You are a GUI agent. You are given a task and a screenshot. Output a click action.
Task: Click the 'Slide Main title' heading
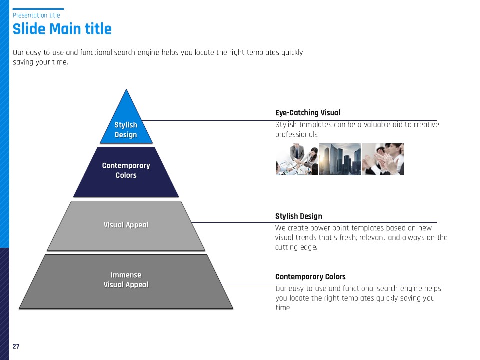[62, 29]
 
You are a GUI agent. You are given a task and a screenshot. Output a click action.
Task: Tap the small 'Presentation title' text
[36, 15]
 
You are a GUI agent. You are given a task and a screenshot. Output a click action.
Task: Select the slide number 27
[16, 346]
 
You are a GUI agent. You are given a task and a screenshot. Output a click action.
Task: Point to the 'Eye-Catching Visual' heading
[308, 113]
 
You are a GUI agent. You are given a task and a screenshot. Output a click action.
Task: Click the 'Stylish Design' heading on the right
[299, 216]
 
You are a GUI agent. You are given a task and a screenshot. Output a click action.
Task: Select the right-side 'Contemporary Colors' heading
[310, 277]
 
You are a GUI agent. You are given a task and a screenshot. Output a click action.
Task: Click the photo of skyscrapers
[340, 159]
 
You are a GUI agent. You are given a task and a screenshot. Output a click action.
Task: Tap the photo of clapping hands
[382, 159]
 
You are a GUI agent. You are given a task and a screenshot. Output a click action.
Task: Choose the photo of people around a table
[297, 159]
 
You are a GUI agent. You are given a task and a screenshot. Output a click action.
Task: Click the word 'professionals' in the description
[296, 135]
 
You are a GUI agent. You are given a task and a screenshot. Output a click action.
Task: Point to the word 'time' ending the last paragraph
[283, 308]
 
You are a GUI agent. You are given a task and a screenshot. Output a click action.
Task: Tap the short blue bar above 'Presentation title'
[38, 9]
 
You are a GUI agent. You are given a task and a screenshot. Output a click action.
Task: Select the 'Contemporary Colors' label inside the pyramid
[126, 170]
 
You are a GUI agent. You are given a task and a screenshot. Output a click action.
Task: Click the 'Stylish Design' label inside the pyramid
[126, 130]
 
